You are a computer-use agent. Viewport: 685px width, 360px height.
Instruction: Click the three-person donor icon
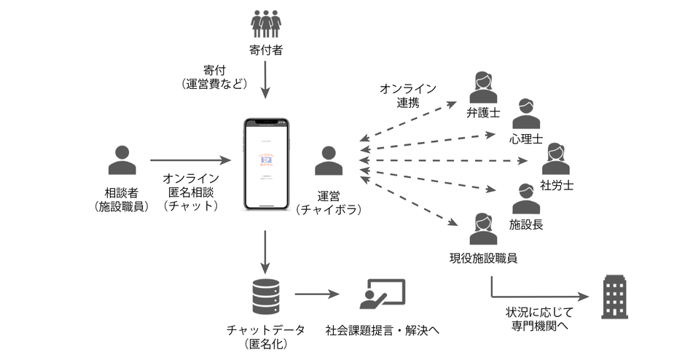[x=265, y=23]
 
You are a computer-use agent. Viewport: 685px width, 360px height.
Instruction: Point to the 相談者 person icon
[x=122, y=161]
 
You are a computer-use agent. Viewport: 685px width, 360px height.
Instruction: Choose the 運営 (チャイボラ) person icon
[x=329, y=161]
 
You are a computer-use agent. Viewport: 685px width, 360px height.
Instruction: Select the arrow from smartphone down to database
[x=265, y=250]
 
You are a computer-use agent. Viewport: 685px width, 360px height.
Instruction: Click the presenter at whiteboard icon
[x=382, y=294]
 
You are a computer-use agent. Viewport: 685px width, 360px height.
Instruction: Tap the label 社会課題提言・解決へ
[x=383, y=329]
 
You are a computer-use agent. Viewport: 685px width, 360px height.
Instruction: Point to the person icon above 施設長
[x=526, y=198]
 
